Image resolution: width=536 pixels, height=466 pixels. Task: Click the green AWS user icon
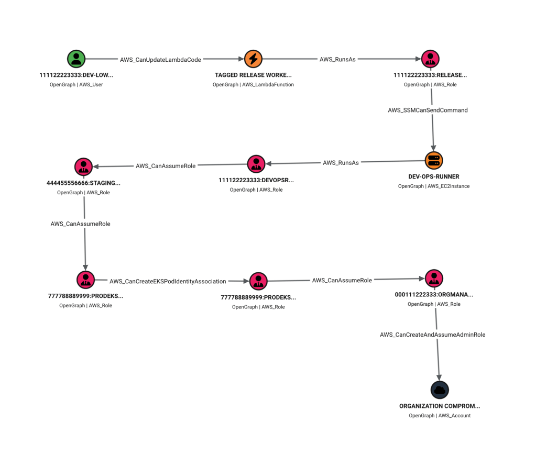click(76, 59)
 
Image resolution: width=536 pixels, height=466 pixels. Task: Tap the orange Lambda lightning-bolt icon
click(253, 59)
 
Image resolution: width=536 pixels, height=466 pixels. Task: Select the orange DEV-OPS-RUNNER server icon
click(434, 160)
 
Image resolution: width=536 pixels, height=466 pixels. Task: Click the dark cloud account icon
click(440, 390)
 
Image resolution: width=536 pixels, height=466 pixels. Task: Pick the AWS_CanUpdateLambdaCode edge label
click(160, 60)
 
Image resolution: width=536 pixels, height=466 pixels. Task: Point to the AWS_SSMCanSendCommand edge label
click(428, 110)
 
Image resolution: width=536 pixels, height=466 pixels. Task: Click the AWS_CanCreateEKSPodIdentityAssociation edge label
click(168, 281)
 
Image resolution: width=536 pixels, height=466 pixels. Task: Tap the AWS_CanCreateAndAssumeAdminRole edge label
click(432, 335)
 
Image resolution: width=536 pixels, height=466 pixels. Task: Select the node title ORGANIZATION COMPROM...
click(440, 406)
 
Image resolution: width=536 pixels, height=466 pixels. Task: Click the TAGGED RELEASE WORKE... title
click(253, 75)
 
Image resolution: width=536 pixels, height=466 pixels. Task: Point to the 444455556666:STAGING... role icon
click(83, 167)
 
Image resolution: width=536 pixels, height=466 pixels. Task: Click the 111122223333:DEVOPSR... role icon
click(256, 164)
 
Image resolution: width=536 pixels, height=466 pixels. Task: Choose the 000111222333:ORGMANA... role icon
click(434, 278)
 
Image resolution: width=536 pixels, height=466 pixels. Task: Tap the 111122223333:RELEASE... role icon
click(430, 59)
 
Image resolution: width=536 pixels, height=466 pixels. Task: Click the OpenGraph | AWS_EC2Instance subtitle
click(434, 186)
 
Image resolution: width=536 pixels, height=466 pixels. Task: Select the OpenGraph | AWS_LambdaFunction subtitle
click(253, 84)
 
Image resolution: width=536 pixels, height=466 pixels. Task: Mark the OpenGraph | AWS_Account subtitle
click(440, 415)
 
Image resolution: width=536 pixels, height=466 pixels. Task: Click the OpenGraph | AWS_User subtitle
click(76, 84)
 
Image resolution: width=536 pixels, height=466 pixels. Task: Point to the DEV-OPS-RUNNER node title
click(434, 176)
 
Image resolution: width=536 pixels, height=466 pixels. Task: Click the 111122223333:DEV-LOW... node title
click(76, 75)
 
